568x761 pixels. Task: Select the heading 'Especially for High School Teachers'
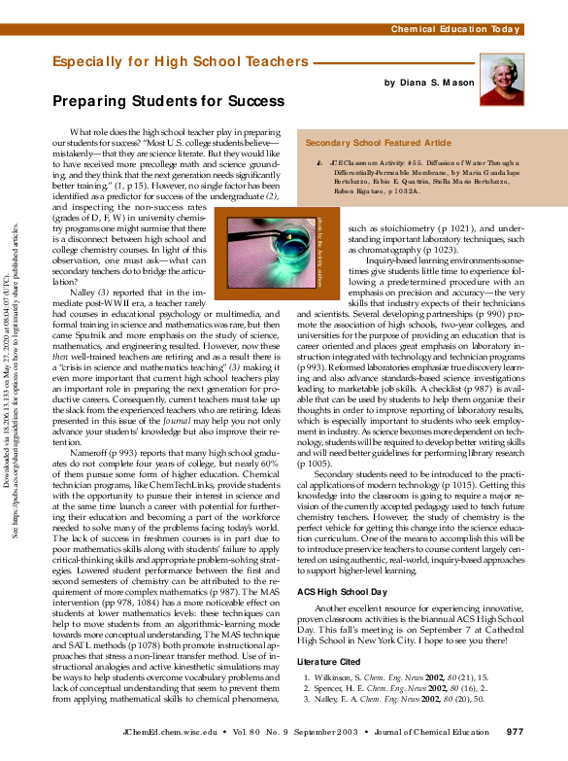click(x=180, y=62)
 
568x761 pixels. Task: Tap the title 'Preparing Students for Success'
click(x=168, y=100)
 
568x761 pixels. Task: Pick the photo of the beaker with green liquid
click(x=268, y=252)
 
